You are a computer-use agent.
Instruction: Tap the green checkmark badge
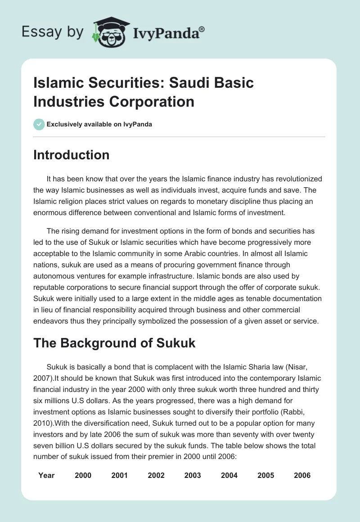(39, 124)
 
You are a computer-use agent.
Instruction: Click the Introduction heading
(72, 155)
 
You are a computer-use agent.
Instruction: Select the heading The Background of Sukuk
(114, 343)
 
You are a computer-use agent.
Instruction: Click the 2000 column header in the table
(83, 475)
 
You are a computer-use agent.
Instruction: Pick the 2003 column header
(193, 475)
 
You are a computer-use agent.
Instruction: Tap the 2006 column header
(302, 475)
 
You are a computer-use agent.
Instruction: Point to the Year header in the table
(46, 475)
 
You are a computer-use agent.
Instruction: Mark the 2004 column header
(229, 475)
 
